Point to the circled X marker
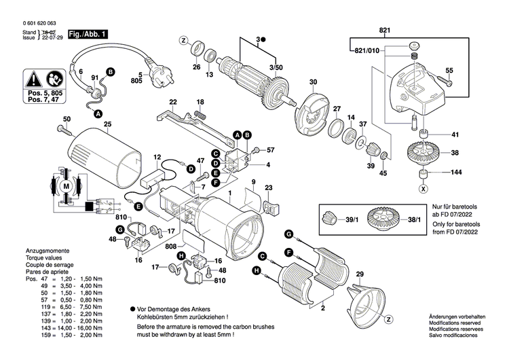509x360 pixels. click(x=423, y=188)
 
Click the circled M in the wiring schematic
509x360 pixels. click(x=67, y=185)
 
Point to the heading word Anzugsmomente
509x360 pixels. click(x=45, y=251)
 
